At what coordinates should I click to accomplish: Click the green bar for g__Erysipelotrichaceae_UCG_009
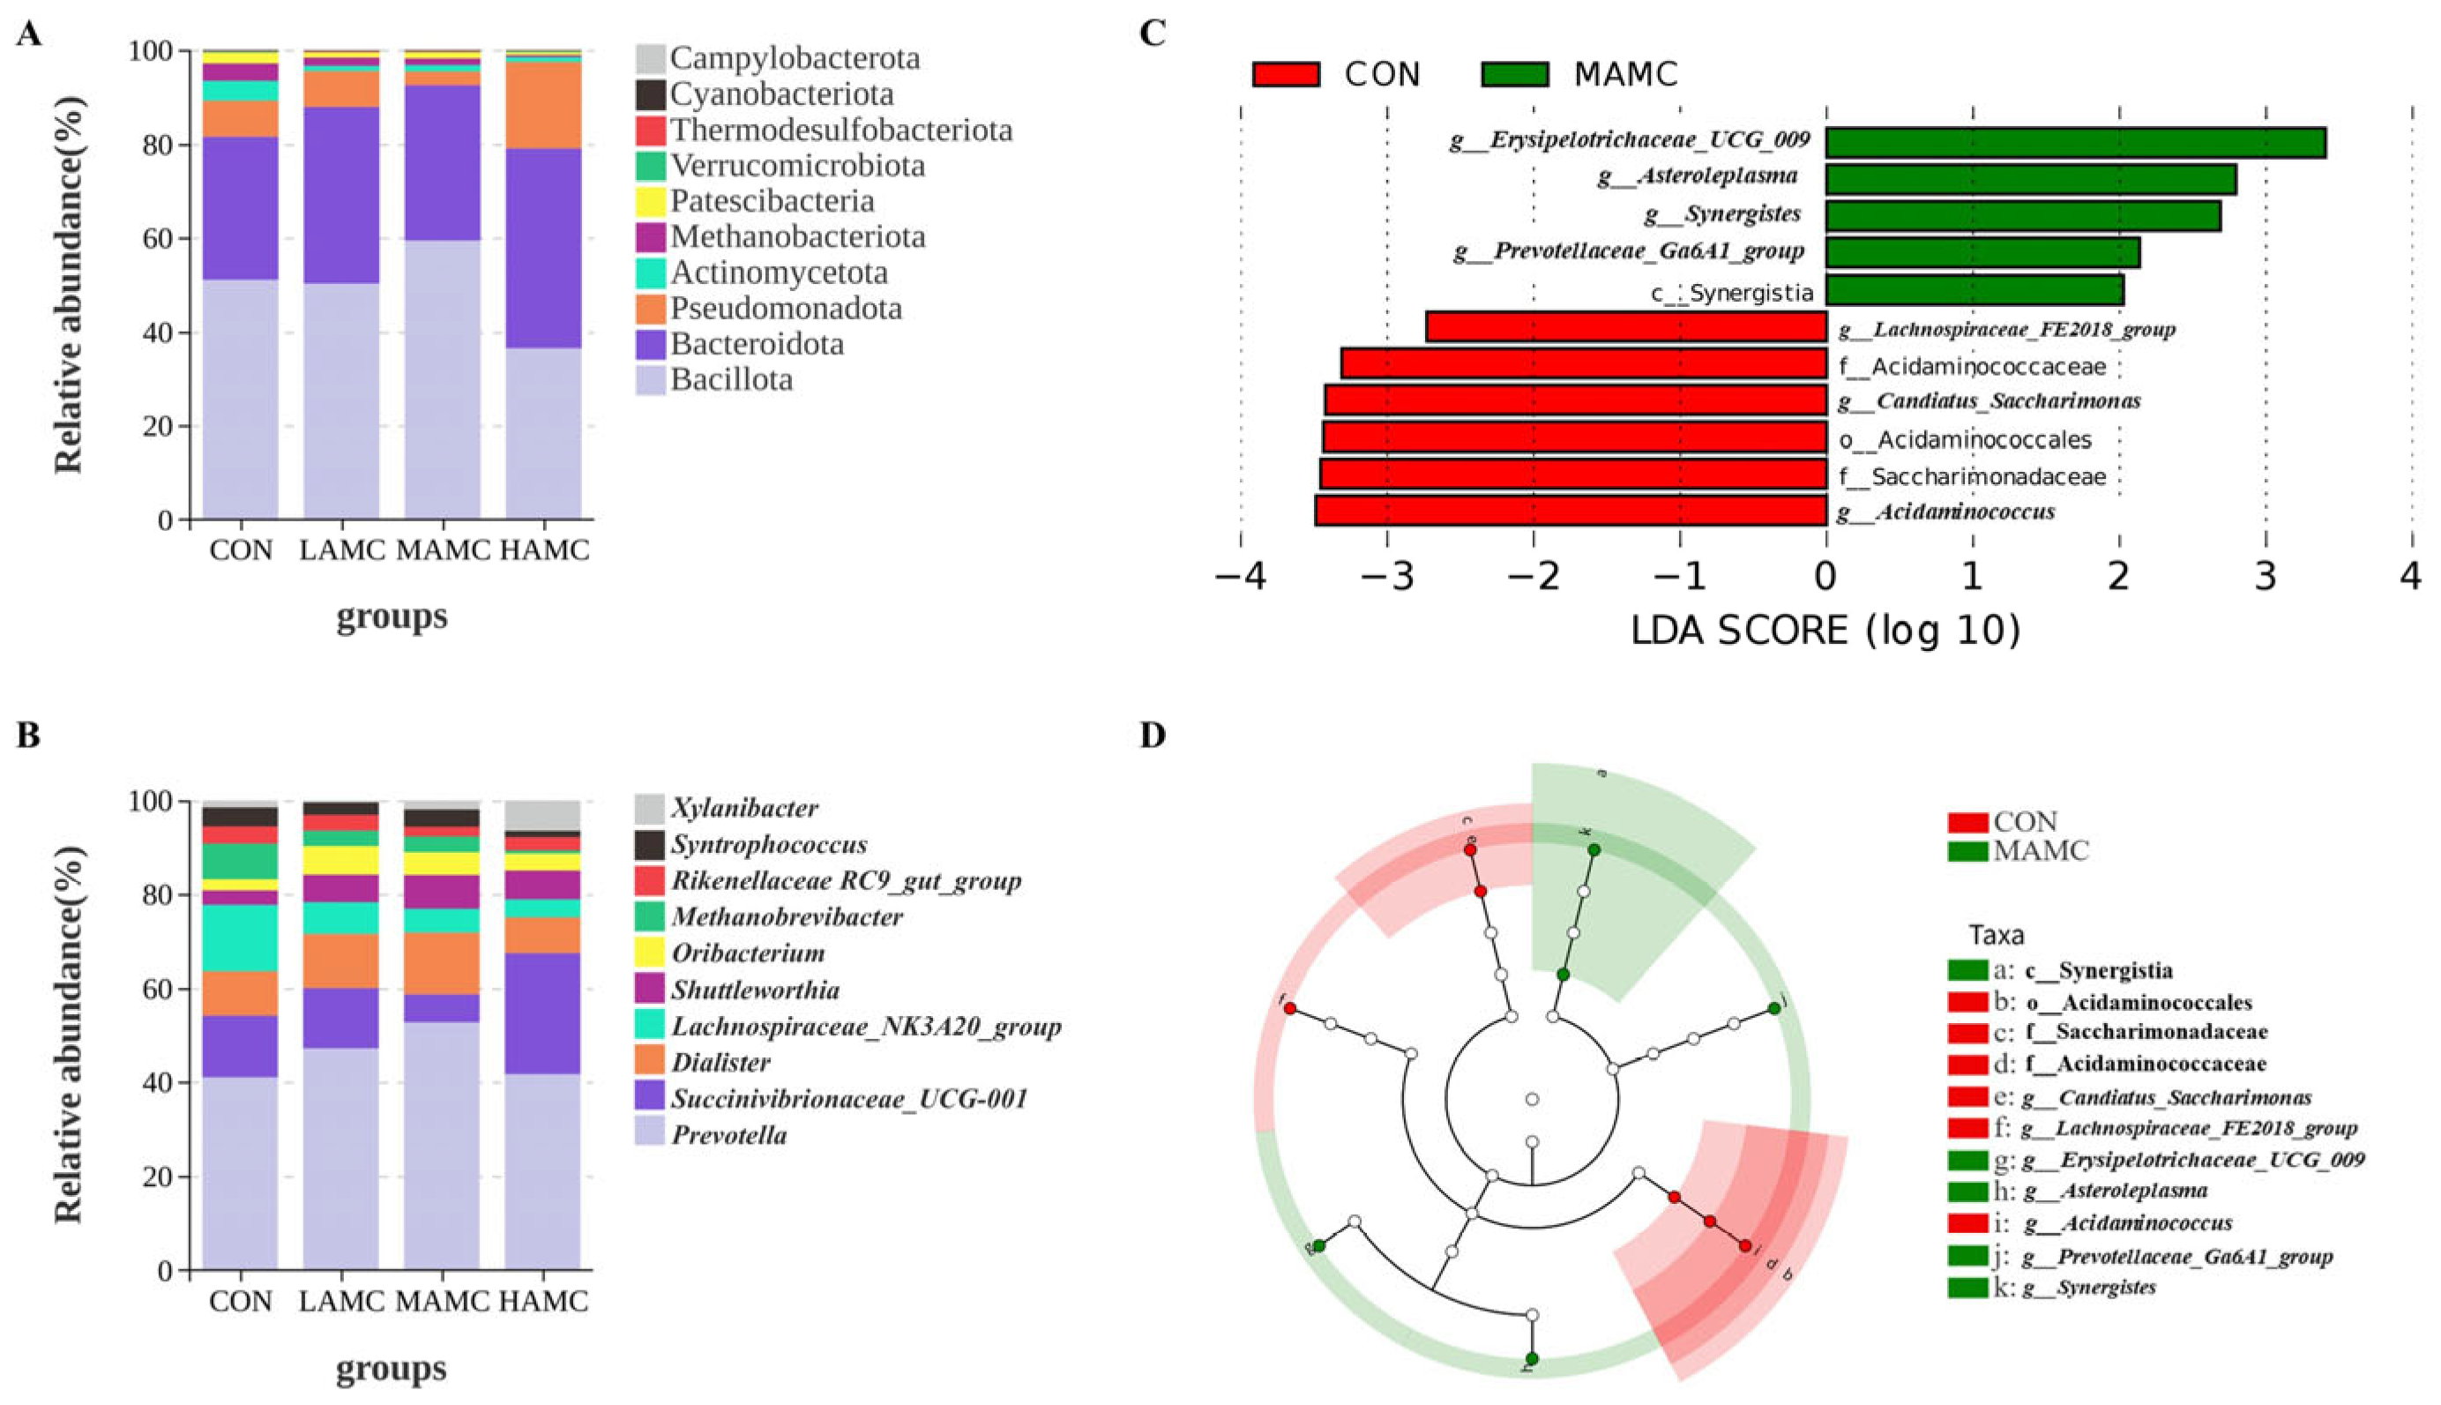point(2074,143)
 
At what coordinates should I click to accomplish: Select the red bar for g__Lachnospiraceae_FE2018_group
point(1626,327)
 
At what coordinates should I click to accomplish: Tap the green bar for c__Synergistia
point(1974,290)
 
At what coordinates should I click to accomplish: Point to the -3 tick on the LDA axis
point(1387,577)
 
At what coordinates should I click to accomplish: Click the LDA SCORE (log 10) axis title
point(1825,632)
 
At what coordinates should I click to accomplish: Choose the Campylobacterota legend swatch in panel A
point(649,59)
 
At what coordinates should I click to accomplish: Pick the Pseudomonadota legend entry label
point(787,309)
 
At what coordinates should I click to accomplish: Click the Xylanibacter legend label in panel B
point(745,808)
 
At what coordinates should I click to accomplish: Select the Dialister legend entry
point(720,1063)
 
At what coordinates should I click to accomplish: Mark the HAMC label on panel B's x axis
point(543,1301)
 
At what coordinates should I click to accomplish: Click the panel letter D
point(1152,736)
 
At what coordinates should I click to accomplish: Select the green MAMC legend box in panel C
point(1515,74)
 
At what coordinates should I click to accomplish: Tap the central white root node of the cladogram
point(1532,1099)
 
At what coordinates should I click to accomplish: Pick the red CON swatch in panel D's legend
point(1967,822)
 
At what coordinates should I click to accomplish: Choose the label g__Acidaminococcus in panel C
point(1945,512)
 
